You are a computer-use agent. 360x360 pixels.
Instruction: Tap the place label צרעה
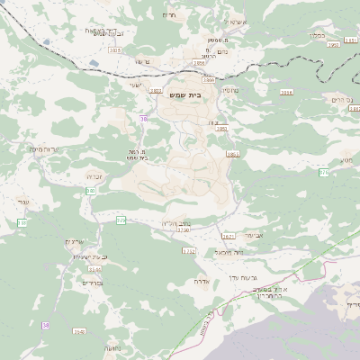tap(141, 60)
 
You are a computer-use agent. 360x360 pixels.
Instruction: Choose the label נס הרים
tap(334, 99)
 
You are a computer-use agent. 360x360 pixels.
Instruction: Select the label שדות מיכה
tap(44, 150)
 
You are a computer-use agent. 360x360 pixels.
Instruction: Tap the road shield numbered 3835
tap(115, 51)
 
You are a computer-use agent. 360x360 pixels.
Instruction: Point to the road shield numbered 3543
tap(94, 268)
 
